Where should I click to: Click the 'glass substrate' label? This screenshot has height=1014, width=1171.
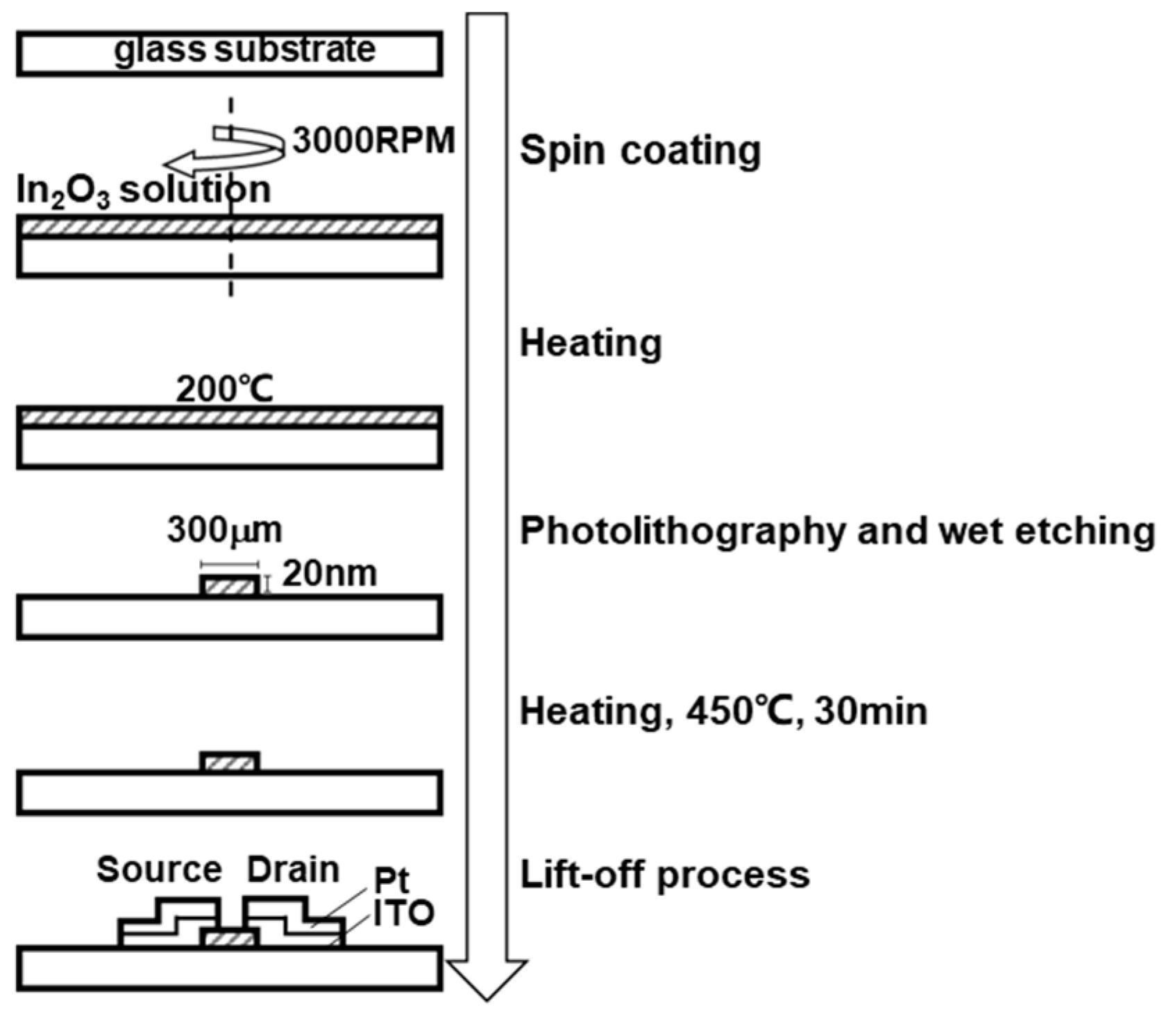pos(244,50)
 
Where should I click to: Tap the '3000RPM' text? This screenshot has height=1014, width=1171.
pos(373,141)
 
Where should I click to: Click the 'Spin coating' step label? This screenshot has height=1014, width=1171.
pos(640,150)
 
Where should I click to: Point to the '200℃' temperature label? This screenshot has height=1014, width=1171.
pos(224,390)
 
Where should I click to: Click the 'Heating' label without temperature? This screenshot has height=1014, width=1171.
pos(591,343)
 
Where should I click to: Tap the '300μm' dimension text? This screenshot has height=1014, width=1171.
pos(224,531)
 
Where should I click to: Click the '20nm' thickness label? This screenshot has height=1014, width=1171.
pos(329,574)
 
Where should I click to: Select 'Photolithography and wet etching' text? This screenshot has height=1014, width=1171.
pos(837,531)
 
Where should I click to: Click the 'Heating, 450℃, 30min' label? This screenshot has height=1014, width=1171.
pos(723,711)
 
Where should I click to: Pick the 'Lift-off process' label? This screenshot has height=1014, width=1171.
pos(664,874)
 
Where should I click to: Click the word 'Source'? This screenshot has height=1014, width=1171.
pos(159,870)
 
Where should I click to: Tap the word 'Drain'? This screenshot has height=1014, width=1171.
pos(293,870)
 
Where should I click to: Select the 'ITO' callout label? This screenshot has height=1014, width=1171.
pos(403,914)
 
